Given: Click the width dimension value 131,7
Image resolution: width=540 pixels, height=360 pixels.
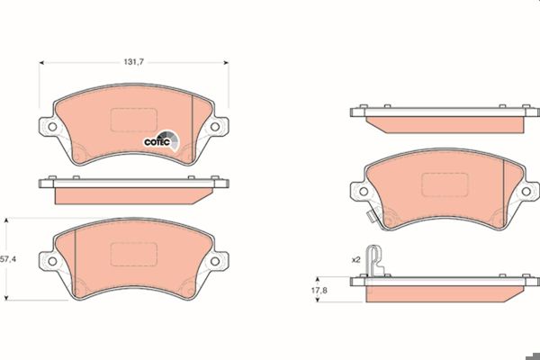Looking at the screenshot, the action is point(134,62).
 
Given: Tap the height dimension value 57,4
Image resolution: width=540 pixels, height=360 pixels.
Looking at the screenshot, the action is point(8,259).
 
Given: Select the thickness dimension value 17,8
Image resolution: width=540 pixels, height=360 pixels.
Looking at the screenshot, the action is point(319,290).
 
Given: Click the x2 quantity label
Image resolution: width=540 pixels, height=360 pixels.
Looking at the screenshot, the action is point(355,260).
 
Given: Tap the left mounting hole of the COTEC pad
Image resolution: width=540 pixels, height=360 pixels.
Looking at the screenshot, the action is point(52,127).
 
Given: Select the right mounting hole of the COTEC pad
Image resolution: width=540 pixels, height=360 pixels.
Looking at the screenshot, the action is point(215,127).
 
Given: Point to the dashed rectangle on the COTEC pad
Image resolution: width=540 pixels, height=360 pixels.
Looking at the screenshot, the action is point(134,120).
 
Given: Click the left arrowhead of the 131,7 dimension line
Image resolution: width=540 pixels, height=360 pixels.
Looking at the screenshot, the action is point(41,63).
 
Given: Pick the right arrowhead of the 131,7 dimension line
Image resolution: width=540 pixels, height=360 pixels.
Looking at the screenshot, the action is point(226,63).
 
